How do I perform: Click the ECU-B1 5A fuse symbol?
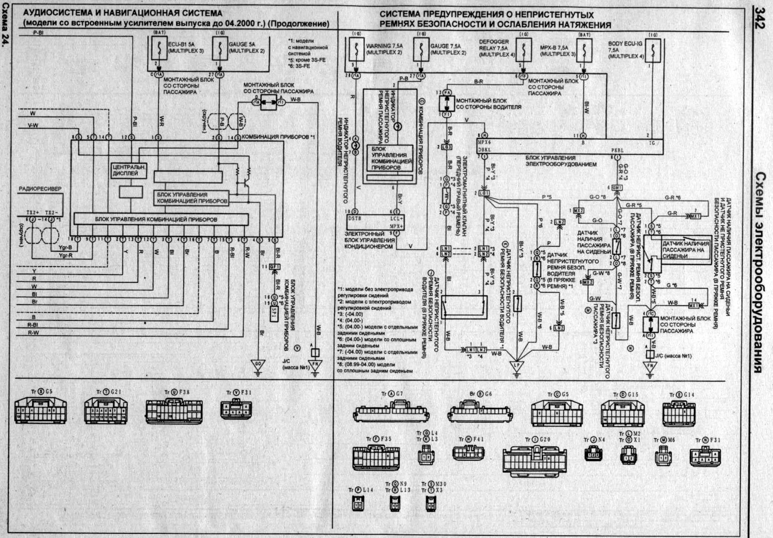point(160,48)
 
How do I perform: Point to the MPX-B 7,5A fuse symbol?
point(584,50)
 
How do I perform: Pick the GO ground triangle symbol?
point(258,364)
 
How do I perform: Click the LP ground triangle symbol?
point(516,366)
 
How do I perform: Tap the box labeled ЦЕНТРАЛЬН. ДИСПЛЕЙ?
point(128,170)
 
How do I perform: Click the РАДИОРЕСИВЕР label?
point(40,189)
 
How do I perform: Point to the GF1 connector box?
point(275,267)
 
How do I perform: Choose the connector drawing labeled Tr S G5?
point(41,411)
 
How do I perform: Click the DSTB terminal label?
point(354,219)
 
